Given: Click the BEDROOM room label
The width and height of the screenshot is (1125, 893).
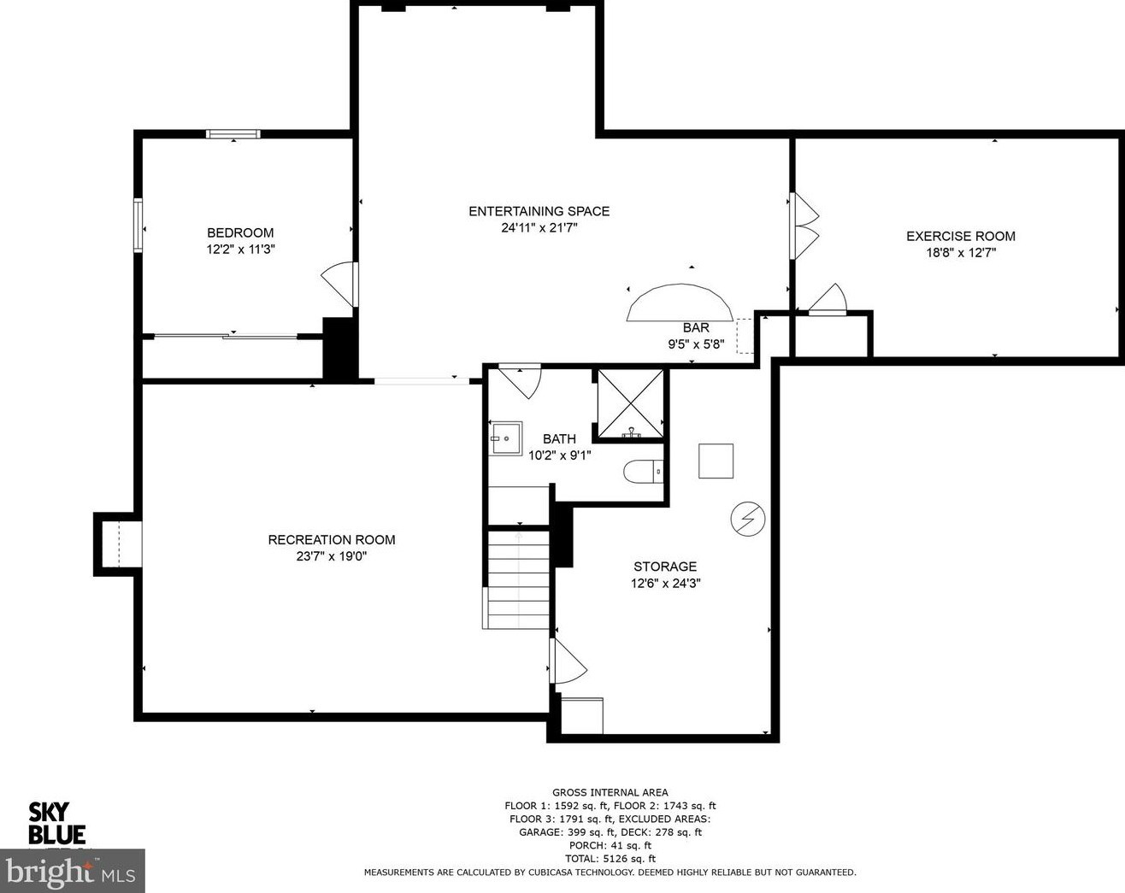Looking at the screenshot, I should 240,232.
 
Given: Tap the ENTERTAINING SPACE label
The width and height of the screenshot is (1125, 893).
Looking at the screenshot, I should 539,211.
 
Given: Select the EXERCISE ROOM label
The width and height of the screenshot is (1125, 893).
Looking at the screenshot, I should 960,236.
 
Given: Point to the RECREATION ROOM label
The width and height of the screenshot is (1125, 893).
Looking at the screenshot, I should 332,539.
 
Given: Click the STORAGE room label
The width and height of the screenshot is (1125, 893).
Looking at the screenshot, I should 664,567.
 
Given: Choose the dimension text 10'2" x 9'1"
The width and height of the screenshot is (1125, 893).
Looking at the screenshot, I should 559,455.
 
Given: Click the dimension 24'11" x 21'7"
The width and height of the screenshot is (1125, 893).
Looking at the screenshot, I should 539,228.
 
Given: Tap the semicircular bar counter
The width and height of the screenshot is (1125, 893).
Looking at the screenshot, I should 680,304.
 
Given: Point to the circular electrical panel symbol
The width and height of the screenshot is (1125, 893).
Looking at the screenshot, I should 747,518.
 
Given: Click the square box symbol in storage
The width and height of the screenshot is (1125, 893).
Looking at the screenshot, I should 716,461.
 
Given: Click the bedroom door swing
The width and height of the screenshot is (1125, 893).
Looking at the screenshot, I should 340,283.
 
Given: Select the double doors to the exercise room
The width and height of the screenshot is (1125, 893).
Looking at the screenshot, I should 804,224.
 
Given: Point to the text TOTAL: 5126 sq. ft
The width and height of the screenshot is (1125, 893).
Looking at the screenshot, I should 610,859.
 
